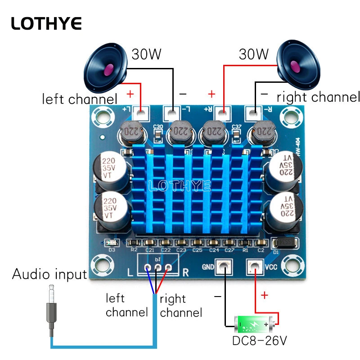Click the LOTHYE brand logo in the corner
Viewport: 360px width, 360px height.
[46, 24]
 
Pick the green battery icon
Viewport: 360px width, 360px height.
[254, 323]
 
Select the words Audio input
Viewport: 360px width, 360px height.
[49, 274]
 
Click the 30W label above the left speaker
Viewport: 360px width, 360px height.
[146, 54]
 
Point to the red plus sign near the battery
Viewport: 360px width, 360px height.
[264, 295]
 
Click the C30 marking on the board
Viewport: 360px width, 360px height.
[158, 127]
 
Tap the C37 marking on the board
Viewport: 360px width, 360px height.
[237, 127]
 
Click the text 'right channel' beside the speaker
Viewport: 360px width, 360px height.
[318, 97]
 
